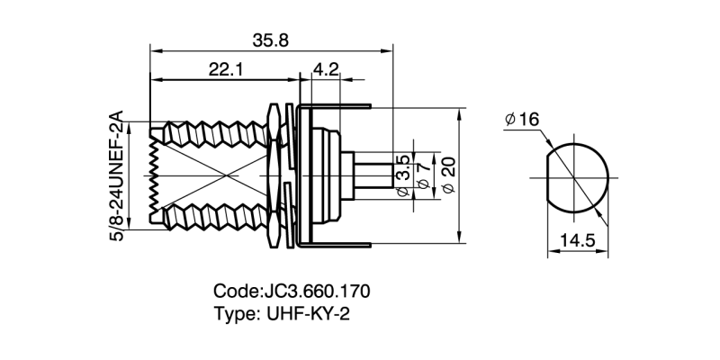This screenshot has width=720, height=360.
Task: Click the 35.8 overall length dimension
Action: tap(271, 40)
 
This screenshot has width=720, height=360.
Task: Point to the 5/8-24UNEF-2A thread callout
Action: tap(114, 176)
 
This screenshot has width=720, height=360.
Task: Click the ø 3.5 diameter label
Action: tap(403, 175)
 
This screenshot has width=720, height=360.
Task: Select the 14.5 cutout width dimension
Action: tap(575, 241)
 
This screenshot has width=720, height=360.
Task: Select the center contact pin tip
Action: tap(389, 175)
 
